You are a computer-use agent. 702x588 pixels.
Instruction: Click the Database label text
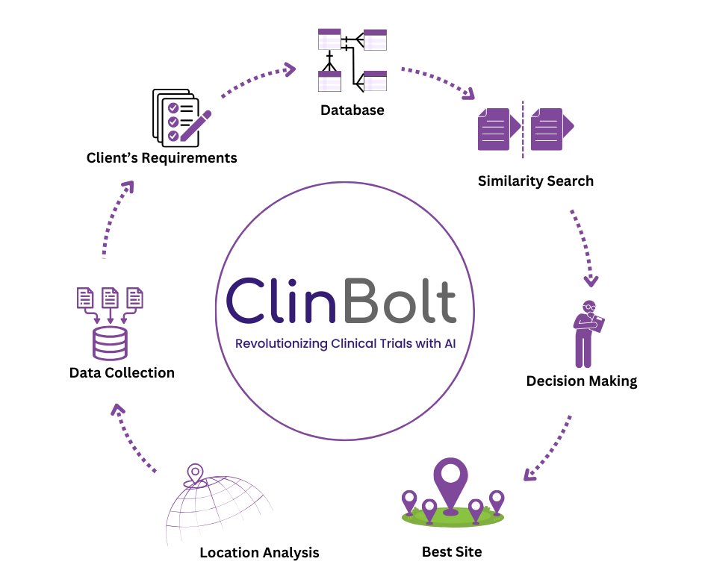(x=352, y=110)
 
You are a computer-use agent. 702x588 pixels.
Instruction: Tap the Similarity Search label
(x=535, y=181)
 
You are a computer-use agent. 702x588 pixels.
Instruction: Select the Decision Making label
(x=581, y=381)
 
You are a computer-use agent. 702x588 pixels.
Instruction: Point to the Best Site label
(x=452, y=552)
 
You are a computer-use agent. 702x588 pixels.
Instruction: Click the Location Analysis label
(x=259, y=553)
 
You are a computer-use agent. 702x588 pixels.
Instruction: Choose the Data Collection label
(x=121, y=372)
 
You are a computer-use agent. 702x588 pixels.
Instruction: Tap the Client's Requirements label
(x=161, y=157)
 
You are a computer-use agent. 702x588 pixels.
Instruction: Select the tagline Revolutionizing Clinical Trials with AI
(x=345, y=344)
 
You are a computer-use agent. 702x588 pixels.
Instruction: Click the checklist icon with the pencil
(x=179, y=117)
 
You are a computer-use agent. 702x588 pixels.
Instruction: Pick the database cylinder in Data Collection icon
(x=110, y=341)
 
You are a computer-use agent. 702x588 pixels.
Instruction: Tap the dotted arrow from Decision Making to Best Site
(x=550, y=448)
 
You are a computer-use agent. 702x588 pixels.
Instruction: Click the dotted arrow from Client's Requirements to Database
(x=257, y=80)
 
